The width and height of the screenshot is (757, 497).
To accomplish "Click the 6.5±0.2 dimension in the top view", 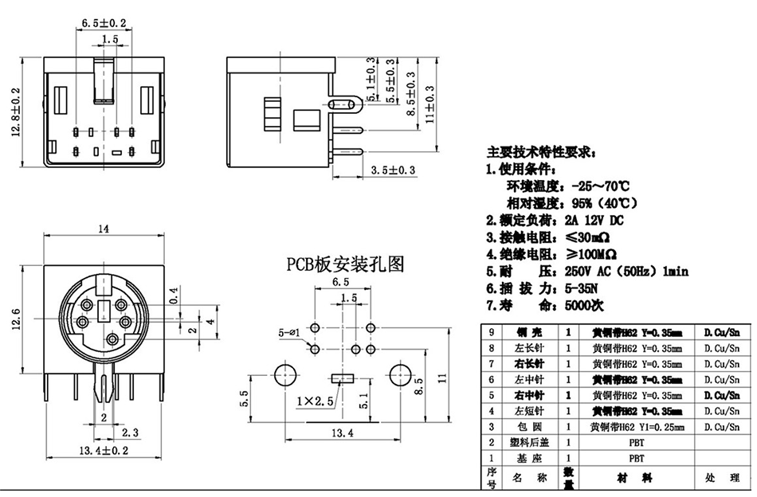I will [x=105, y=23].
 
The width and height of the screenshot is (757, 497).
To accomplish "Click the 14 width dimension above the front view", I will [x=104, y=229].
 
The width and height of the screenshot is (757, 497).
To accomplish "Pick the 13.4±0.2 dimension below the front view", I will [x=104, y=451].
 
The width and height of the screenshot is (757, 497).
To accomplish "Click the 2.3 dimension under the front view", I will [x=130, y=432].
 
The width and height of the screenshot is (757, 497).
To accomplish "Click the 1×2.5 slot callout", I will [x=312, y=398].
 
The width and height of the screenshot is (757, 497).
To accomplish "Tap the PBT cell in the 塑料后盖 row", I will [x=637, y=442].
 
